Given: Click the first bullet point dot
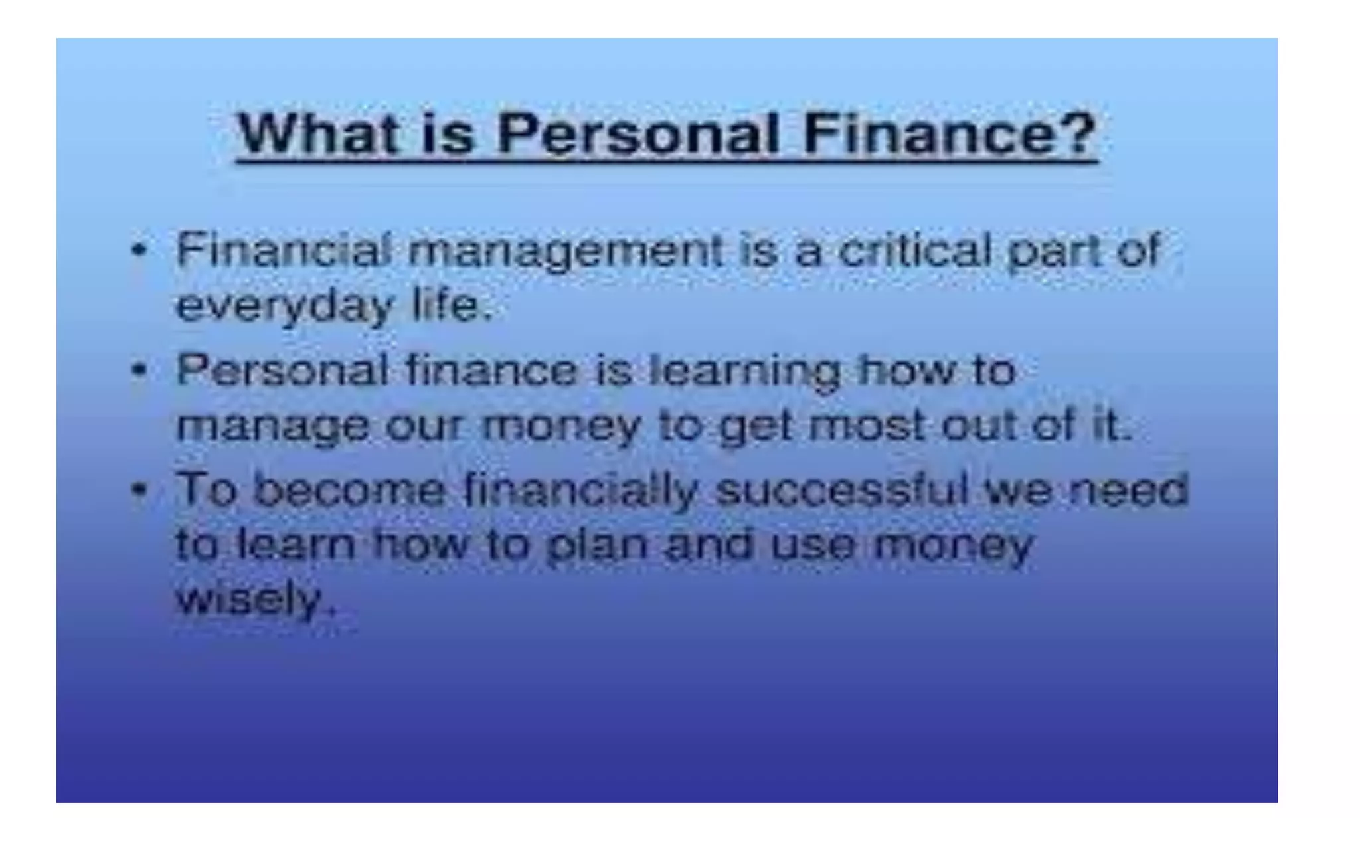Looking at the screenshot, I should pyautogui.click(x=139, y=251).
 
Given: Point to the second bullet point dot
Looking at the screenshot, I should pyautogui.click(x=139, y=370).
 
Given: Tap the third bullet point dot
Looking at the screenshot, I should pyautogui.click(x=139, y=490).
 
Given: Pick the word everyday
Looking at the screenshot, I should pyautogui.click(x=285, y=307).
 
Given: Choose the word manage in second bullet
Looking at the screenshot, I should pyautogui.click(x=272, y=426).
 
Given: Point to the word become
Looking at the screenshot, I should pyautogui.click(x=350, y=490).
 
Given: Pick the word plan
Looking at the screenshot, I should pyautogui.click(x=597, y=546).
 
